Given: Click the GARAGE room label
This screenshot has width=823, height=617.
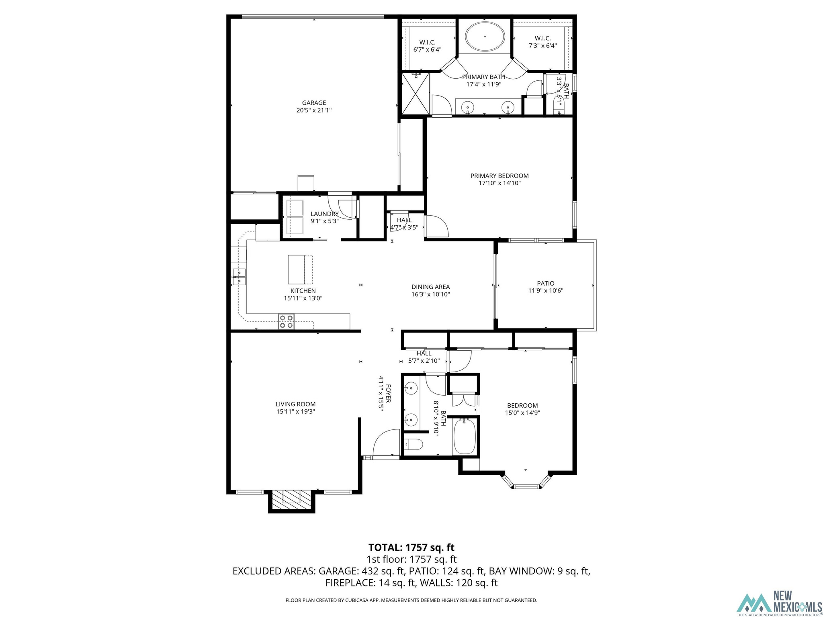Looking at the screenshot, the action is click(314, 103).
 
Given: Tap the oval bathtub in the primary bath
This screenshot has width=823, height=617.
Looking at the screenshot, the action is click(485, 36).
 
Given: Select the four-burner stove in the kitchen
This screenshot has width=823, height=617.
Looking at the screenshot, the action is click(286, 321).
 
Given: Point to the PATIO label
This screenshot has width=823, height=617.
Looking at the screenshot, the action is click(546, 283).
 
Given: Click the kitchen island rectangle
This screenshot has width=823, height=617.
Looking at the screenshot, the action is click(296, 269).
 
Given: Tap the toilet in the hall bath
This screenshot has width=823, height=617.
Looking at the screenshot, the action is click(414, 444).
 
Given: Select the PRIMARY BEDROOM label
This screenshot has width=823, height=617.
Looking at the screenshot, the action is click(500, 176).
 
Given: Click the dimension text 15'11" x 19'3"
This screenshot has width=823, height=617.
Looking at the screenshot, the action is click(295, 411).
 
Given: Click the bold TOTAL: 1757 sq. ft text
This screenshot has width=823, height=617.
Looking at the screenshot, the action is click(411, 548).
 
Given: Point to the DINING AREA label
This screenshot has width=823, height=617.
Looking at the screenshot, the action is click(430, 287).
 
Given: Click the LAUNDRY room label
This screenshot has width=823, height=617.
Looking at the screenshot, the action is click(325, 214).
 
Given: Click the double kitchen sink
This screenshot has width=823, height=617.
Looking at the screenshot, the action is click(239, 276).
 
